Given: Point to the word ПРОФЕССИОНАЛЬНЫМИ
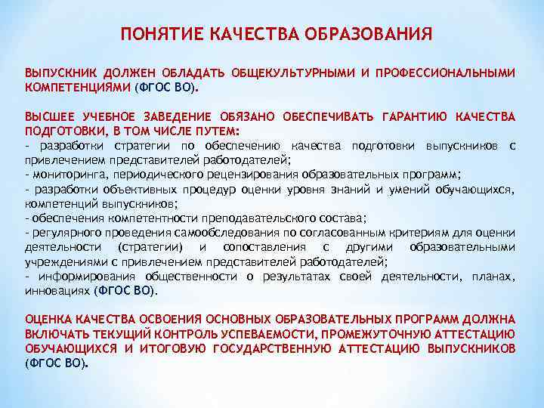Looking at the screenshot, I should click(444, 74).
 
